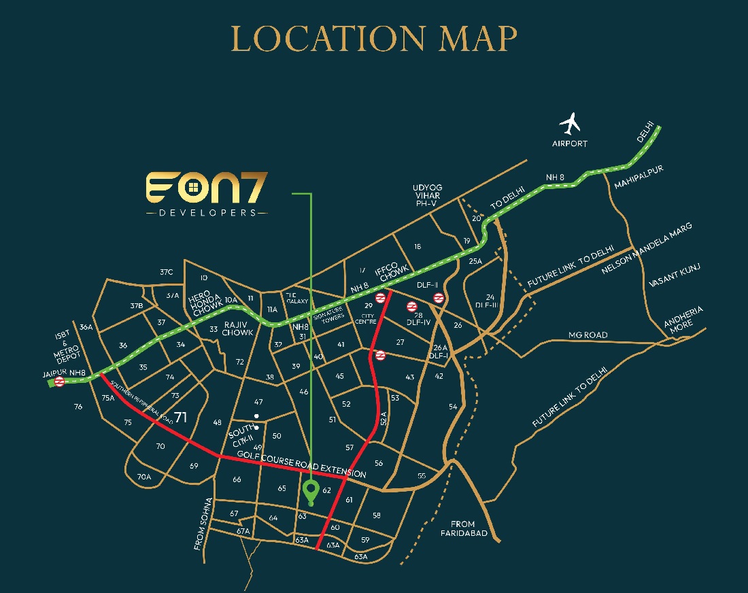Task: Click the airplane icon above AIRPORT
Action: [x=570, y=124]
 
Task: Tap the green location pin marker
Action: [x=311, y=491]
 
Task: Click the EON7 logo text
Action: [x=207, y=188]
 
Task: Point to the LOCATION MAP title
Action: [x=374, y=39]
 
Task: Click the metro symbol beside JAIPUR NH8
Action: [x=59, y=382]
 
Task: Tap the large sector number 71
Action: [x=180, y=417]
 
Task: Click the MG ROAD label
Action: [x=588, y=335]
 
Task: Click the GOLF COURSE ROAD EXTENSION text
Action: [x=301, y=465]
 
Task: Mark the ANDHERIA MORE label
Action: [x=683, y=317]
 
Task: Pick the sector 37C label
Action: [x=167, y=272]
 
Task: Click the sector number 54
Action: [x=454, y=407]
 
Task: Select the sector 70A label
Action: [x=144, y=477]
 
